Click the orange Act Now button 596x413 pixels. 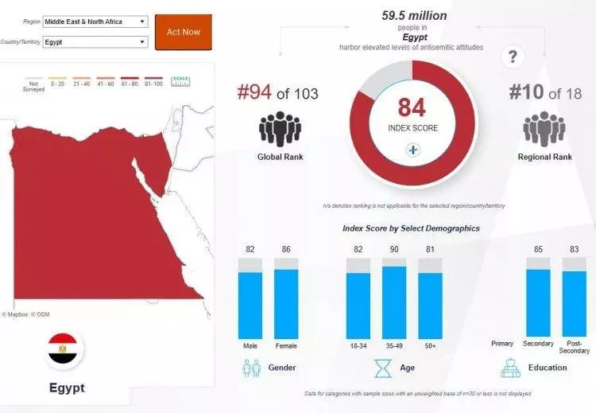point(183,32)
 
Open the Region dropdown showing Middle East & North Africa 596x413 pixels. point(95,21)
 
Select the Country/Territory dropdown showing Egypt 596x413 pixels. point(95,41)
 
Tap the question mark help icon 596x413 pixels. point(514,56)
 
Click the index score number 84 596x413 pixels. point(412,107)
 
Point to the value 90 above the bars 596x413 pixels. point(394,250)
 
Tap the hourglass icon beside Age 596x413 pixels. point(384,368)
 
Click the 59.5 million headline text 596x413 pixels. point(414,15)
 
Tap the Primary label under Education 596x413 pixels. point(502,344)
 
